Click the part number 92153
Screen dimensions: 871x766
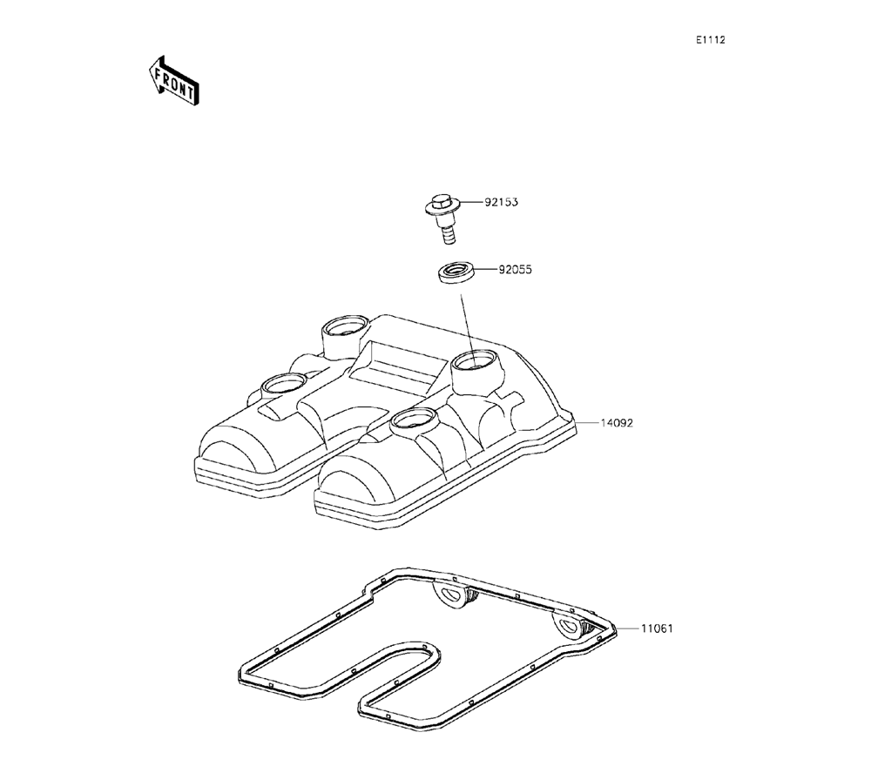[x=501, y=202]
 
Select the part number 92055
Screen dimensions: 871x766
[x=515, y=270]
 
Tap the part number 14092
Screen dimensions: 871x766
[x=617, y=423]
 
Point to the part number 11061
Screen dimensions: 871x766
[x=657, y=628]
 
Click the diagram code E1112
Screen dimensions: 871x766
[x=711, y=40]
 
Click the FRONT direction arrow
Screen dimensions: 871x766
[x=173, y=81]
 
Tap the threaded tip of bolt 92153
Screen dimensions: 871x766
[x=447, y=236]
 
